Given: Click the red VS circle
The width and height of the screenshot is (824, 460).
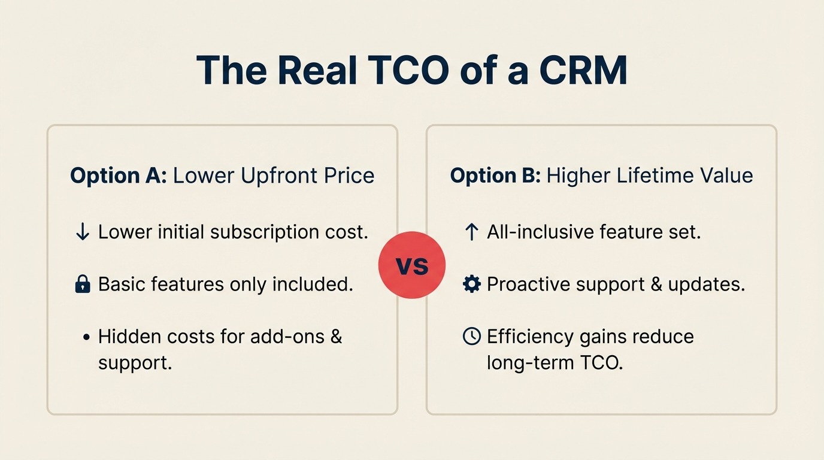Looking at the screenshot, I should pos(412,265).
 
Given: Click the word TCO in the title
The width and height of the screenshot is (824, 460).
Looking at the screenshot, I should pos(409,71).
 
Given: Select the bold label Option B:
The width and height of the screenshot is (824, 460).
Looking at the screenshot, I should pos(495,175).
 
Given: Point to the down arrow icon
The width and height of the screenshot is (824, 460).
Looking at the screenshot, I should pos(83,232).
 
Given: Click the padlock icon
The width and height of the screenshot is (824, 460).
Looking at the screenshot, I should pos(83,285).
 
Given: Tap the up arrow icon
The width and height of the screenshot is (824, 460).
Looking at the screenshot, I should pos(471,232).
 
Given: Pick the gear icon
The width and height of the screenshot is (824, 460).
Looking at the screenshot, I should pos(472,285).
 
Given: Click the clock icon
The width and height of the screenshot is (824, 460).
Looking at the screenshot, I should pos(472,337).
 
